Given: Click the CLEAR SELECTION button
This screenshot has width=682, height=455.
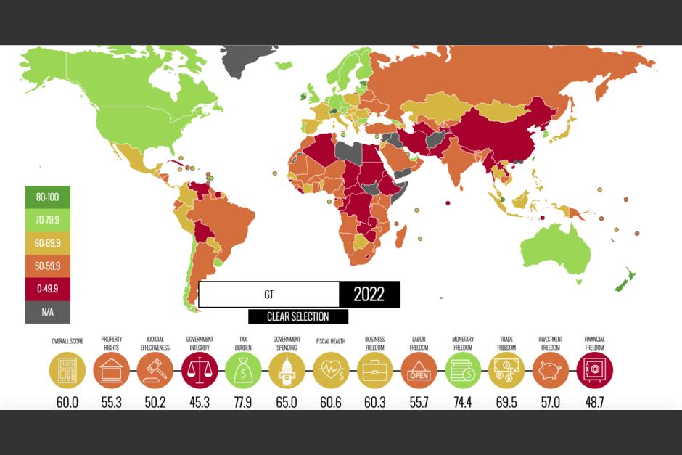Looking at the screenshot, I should (x=297, y=317).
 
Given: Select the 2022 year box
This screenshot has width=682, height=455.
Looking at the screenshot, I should (x=369, y=295).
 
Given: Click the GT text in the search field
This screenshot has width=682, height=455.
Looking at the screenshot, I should (x=268, y=295).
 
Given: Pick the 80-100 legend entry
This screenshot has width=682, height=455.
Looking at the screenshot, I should (x=48, y=196).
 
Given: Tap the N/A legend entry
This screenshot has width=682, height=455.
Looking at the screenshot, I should (x=48, y=312).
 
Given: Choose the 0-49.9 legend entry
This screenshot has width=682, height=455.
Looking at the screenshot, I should (x=48, y=289).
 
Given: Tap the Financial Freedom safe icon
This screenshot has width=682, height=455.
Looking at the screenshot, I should (x=595, y=370).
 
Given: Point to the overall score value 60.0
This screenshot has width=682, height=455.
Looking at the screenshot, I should (x=67, y=401).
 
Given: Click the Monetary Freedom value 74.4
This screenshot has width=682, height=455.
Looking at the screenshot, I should (x=463, y=401).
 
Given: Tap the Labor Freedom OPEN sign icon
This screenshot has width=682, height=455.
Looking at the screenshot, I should (x=419, y=370).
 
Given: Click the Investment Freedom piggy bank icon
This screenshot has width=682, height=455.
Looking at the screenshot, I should (x=551, y=370).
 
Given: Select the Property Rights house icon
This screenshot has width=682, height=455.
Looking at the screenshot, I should (x=112, y=370).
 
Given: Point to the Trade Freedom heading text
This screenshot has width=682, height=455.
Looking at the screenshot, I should (x=506, y=343).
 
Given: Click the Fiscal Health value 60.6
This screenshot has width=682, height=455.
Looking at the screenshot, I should (x=331, y=401).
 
